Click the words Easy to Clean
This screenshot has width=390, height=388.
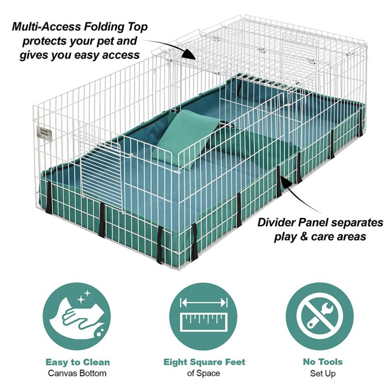[78, 362]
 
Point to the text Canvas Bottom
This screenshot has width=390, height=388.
[78, 373]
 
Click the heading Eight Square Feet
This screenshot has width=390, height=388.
[204, 362]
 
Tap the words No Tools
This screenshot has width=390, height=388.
[322, 362]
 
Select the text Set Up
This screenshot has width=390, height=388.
[322, 373]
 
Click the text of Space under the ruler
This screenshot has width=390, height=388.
[204, 373]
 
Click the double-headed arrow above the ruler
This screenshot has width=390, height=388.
[204, 303]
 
